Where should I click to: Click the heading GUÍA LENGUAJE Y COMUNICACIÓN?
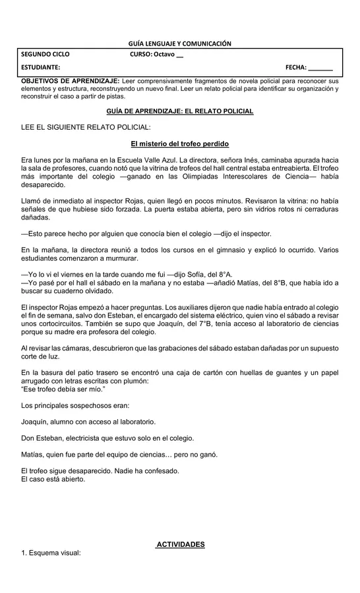[180, 43]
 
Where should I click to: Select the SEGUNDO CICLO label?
[45, 55]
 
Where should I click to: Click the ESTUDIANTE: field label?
[41, 68]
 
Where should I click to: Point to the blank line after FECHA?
[321, 69]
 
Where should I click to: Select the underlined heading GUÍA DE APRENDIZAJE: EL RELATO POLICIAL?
[179, 111]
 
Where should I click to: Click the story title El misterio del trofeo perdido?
[179, 144]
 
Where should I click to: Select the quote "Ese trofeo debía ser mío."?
[63, 389]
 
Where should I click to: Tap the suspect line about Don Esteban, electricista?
[107, 438]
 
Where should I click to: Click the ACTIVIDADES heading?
[180, 545]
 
